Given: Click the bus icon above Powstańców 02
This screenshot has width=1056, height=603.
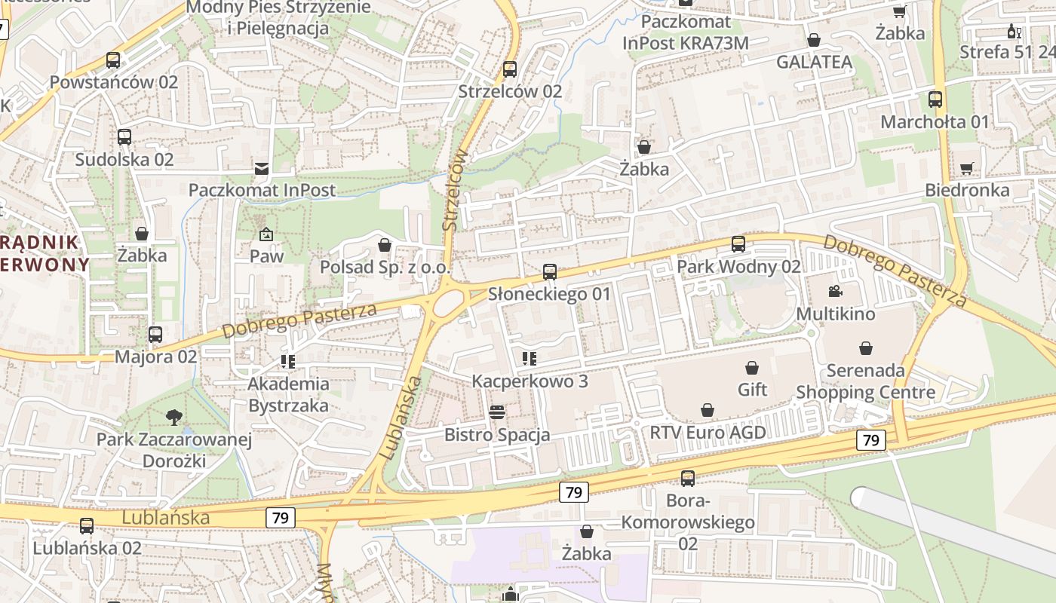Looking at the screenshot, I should [x=113, y=60].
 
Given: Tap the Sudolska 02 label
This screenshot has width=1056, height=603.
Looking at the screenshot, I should [x=124, y=159].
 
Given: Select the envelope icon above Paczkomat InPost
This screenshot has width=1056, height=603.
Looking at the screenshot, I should [x=262, y=168].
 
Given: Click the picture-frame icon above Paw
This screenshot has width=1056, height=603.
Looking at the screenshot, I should [x=266, y=234].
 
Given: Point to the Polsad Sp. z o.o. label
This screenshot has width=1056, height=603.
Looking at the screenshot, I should [x=385, y=267].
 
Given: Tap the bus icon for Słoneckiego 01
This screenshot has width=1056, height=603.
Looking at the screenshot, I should [x=550, y=272].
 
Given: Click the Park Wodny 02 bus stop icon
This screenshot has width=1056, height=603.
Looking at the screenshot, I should [x=738, y=244].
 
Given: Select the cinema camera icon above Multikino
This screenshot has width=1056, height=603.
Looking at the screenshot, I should [x=835, y=292].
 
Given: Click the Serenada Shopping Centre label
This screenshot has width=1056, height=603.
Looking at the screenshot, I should [x=866, y=381].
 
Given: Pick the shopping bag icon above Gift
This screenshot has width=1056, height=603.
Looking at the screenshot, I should [x=752, y=368].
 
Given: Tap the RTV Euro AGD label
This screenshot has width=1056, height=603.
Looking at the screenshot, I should [x=708, y=433].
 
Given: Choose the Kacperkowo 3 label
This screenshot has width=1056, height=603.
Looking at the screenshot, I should [x=530, y=381].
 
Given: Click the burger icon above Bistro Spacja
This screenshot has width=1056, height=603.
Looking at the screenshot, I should [x=497, y=412].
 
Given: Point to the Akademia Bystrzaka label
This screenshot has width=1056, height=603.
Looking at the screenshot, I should [x=288, y=394].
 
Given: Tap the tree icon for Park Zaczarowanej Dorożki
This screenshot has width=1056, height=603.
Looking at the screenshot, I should [x=174, y=417].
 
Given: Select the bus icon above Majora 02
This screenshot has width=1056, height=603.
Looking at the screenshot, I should [x=155, y=334].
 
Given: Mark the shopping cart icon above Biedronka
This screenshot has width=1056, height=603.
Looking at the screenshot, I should [x=967, y=168].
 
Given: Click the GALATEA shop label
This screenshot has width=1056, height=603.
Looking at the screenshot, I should [x=815, y=62].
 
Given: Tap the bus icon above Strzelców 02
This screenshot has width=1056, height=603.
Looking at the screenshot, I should [x=510, y=69].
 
